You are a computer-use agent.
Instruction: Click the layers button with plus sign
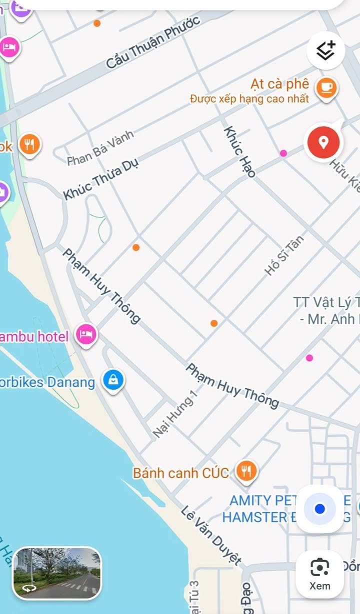click(x=325, y=50)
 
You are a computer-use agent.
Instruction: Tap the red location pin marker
click(x=323, y=142)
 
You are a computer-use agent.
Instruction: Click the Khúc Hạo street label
click(x=239, y=152)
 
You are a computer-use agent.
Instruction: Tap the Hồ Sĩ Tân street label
click(x=284, y=255)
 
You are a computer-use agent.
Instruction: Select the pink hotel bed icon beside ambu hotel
click(x=86, y=335)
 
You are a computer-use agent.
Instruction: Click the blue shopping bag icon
click(x=113, y=381)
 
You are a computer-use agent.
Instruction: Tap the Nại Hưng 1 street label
click(x=175, y=414)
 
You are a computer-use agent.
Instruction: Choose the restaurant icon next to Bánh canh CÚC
click(x=246, y=471)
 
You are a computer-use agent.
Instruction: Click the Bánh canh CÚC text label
click(x=180, y=473)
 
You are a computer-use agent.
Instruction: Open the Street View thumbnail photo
click(x=56, y=573)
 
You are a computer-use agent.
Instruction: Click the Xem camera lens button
click(x=319, y=574)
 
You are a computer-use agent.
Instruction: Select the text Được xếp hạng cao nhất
click(x=249, y=98)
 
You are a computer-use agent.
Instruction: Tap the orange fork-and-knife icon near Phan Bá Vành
click(x=30, y=145)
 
